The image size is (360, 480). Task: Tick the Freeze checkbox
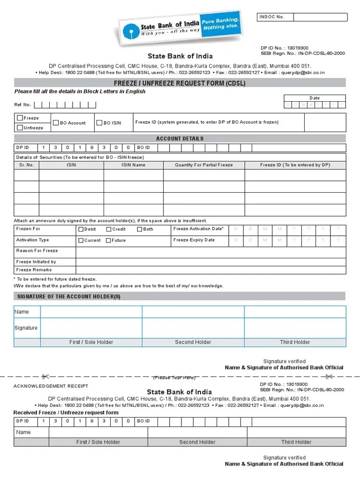pos(20,118)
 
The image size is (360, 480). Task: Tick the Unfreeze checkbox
pos(20,127)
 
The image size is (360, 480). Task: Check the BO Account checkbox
pos(56,123)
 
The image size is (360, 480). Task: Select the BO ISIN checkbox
pos(99,123)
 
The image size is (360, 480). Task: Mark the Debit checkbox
pos(81,229)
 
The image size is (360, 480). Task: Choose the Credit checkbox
pos(109,229)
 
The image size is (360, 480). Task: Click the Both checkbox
pos(140,229)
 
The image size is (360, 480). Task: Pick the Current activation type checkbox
pos(81,240)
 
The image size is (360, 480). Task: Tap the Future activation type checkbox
pos(109,240)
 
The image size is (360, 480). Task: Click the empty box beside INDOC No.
pos(321,17)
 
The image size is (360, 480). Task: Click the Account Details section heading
pos(180,139)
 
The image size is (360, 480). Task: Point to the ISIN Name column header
pos(133,165)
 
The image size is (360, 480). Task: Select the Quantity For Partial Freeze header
pos(203,165)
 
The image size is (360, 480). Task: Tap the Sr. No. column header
pos(26,165)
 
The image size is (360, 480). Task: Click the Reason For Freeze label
pos(37,251)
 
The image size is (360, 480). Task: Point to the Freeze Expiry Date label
pos(194,240)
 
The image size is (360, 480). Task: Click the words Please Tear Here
pos(174,378)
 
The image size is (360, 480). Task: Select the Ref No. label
pos(22,105)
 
